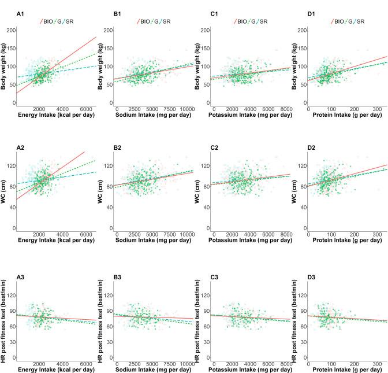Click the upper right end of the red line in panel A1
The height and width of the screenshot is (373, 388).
point(95,37)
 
